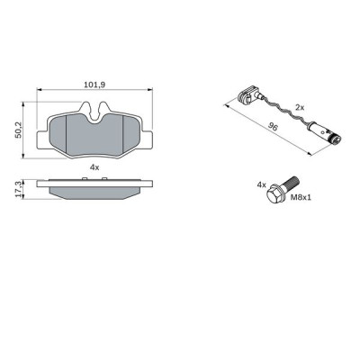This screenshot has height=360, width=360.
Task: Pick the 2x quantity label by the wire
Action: pos(301,107)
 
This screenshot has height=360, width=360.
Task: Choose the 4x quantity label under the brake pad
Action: pos(94,166)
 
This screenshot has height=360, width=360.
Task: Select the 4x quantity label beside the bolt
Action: pos(262,184)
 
